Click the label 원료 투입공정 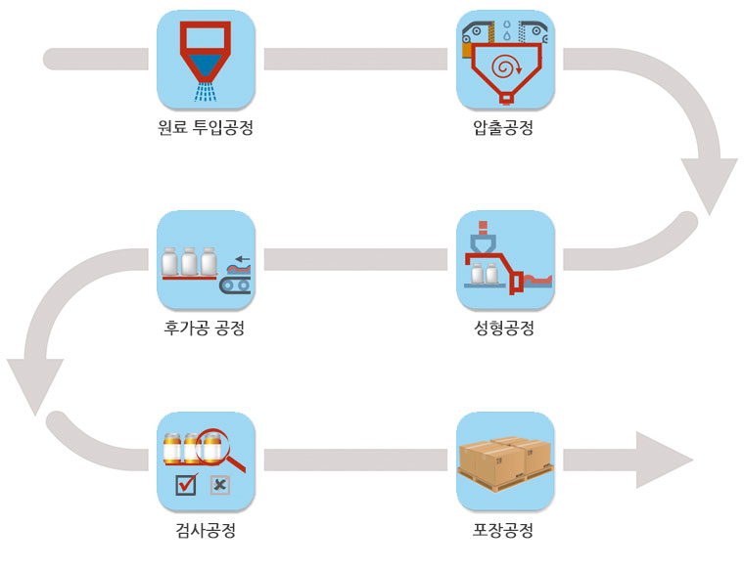[x=206, y=127]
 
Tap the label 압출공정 [x=502, y=127]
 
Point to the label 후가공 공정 [x=206, y=329]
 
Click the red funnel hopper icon [x=206, y=49]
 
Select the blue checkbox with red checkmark [x=185, y=483]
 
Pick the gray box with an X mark [x=220, y=483]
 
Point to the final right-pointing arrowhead [x=666, y=460]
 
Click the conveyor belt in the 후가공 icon [x=235, y=285]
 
